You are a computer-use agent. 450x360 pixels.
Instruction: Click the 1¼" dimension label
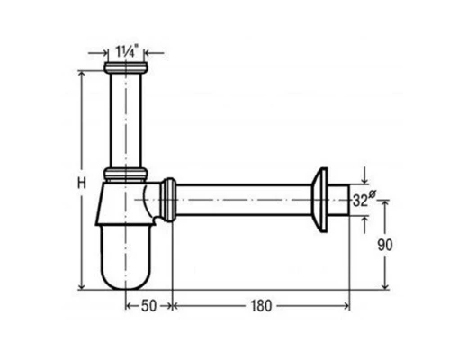pos(126,51)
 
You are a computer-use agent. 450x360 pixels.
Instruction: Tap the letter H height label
pos(82,183)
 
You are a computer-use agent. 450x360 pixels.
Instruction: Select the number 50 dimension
pos(148,306)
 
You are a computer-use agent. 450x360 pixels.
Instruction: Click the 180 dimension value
pos(261,306)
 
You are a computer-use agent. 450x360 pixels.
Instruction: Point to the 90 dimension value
pos(385,245)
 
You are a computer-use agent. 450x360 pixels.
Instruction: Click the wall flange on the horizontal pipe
pos(319,200)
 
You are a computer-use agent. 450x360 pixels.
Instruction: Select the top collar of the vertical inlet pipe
pos(126,67)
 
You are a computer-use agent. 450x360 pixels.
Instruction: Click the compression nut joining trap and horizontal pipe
pos(168,200)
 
